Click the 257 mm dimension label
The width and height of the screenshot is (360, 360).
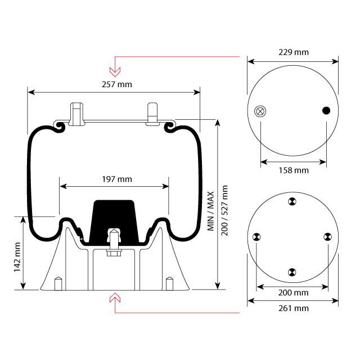click(x=116, y=84)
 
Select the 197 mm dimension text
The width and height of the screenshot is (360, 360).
click(x=116, y=179)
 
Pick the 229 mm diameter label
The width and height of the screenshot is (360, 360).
click(x=294, y=52)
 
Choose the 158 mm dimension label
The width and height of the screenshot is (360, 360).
click(x=294, y=170)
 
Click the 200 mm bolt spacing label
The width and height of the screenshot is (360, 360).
click(x=294, y=292)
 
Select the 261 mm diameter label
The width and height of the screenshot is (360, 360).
click(x=294, y=308)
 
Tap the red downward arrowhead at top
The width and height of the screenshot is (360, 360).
click(x=115, y=71)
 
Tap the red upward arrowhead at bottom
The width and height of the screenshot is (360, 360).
click(x=115, y=296)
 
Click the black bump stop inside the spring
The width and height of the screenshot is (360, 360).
click(x=113, y=217)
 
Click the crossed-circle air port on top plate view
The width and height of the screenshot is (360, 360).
click(x=260, y=111)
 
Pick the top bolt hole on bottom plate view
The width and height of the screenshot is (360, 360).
click(x=291, y=202)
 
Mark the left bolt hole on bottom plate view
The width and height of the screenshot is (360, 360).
click(x=256, y=237)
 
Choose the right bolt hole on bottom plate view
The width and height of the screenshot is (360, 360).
click(x=326, y=237)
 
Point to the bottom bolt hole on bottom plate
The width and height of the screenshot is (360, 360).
click(x=291, y=272)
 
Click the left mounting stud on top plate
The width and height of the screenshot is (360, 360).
click(x=76, y=112)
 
